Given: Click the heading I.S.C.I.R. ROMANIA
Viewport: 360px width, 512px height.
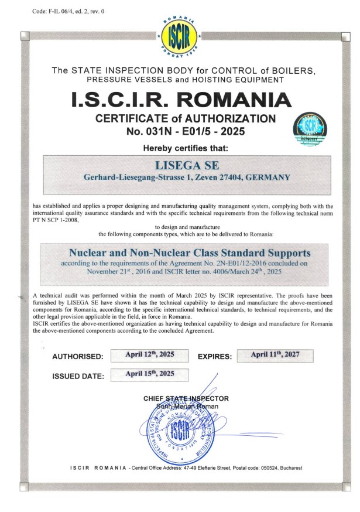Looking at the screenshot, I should point(180,99).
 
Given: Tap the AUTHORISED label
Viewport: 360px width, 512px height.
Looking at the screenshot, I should point(78,357).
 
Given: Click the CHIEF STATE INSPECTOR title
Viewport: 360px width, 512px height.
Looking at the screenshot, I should point(186,399).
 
